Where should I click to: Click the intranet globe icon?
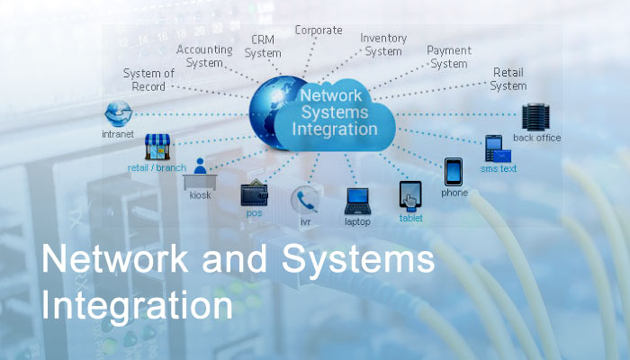click(x=118, y=114)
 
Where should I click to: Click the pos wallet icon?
click(x=254, y=194)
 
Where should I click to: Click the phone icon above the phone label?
click(x=454, y=171)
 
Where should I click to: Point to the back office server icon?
click(x=536, y=117)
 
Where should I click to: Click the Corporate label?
click(x=319, y=31)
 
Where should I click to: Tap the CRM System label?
click(x=263, y=46)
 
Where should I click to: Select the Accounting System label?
click(x=204, y=56)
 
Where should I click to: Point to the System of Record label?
click(x=148, y=79)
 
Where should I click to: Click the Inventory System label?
click(x=383, y=45)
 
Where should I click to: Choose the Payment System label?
click(x=448, y=57)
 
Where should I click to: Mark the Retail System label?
click(x=508, y=79)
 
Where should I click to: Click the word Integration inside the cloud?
click(x=335, y=129)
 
